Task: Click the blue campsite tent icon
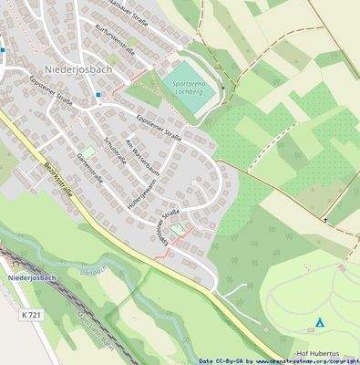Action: (319, 322)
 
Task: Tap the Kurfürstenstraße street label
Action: (115, 39)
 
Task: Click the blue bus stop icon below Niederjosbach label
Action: (98, 94)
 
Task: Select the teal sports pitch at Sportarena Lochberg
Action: (191, 88)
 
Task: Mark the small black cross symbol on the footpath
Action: (323, 220)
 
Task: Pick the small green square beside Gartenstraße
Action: (88, 151)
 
